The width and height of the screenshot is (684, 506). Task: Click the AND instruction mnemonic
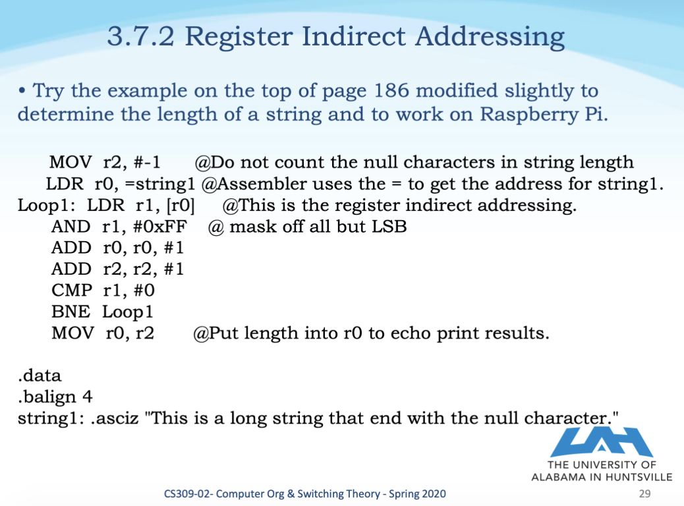point(71,227)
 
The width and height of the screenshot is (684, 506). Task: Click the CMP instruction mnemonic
point(71,290)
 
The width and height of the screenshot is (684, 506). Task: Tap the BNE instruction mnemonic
point(70,311)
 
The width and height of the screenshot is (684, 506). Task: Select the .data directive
point(40,376)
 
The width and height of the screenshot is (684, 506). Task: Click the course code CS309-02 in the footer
point(188,493)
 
